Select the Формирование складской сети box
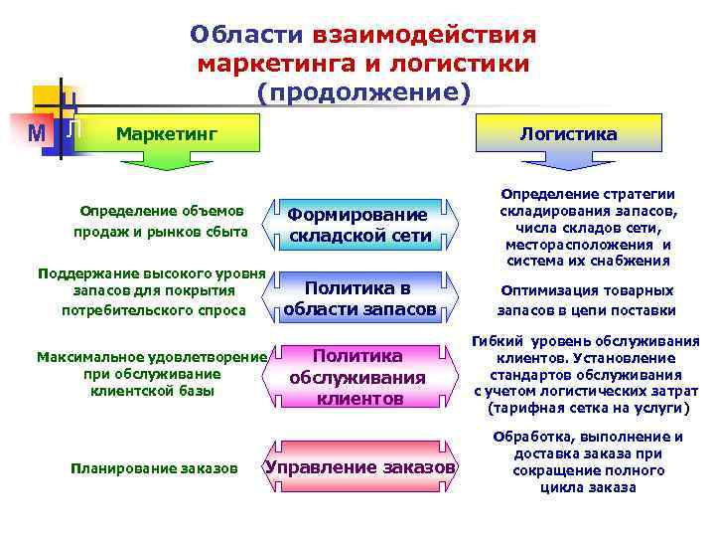point(359,225)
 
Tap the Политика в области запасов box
point(359,298)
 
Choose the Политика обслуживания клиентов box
point(357,377)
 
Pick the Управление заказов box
point(359,466)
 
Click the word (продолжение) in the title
point(362,91)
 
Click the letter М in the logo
point(37,132)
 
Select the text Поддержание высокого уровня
point(150,272)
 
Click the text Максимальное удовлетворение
point(151,356)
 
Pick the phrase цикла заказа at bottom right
point(588,487)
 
